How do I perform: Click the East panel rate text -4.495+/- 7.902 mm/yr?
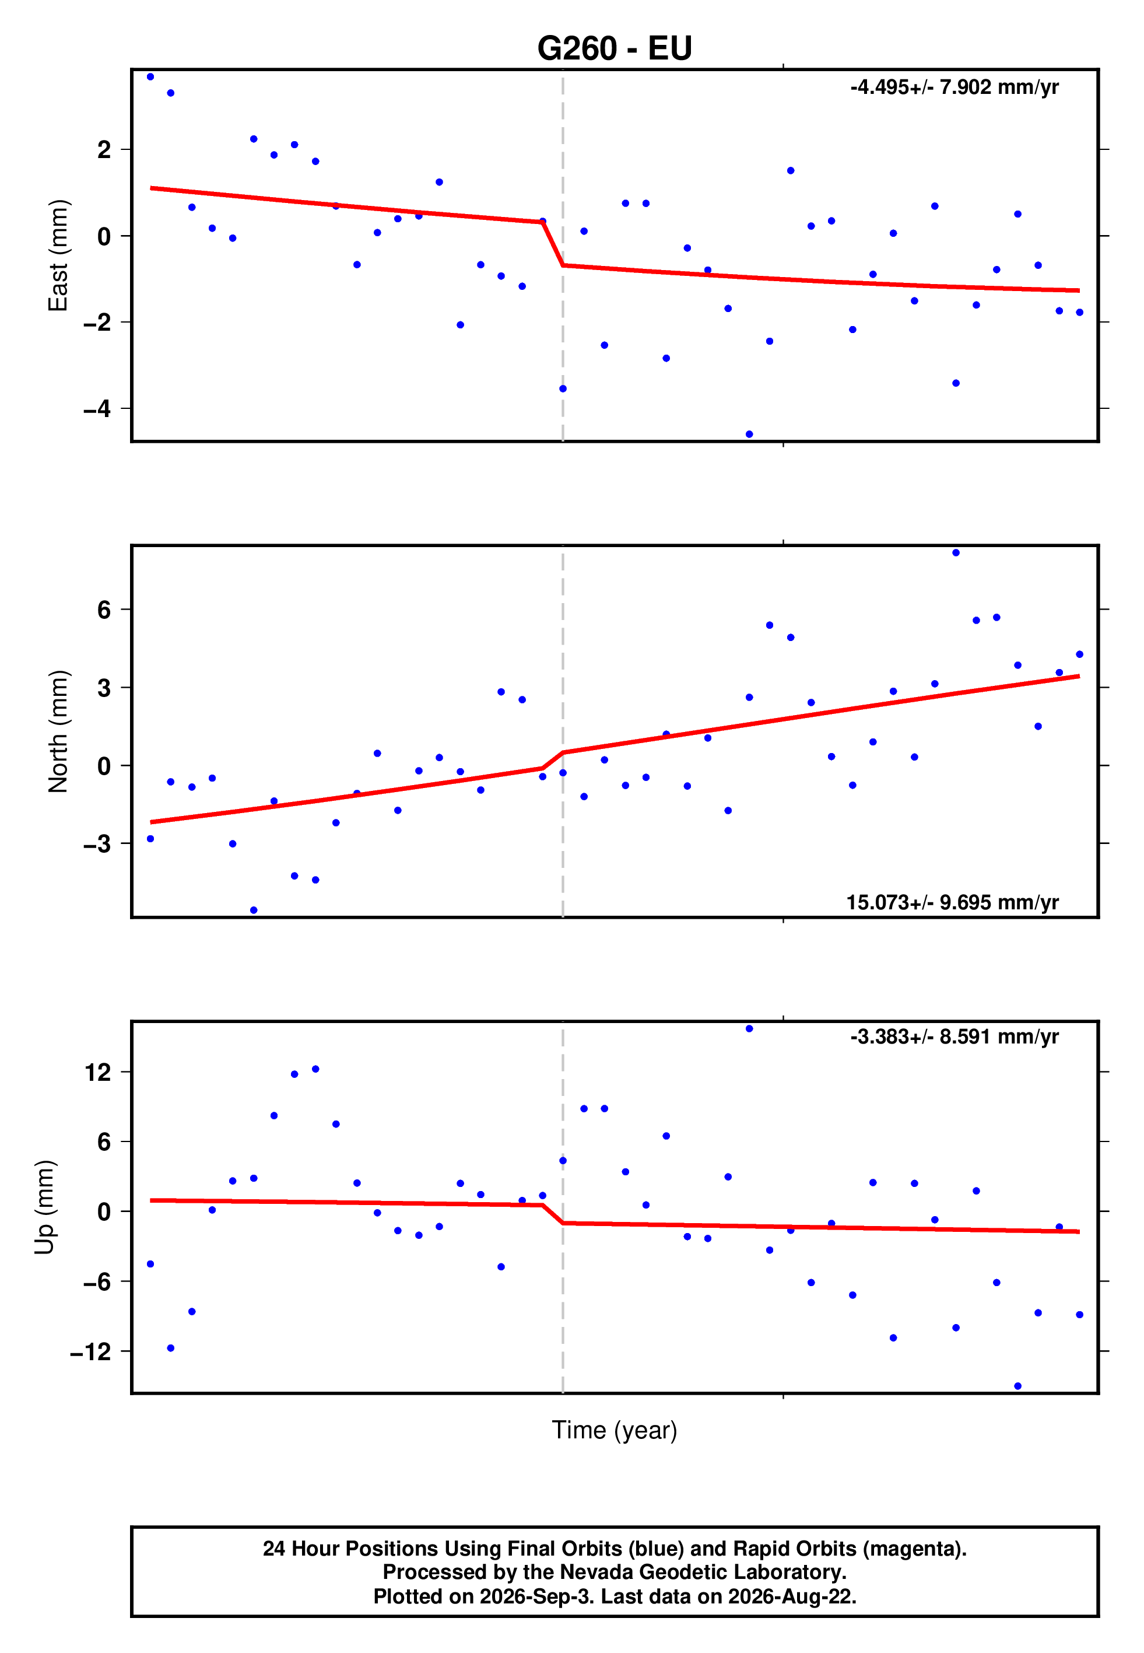(954, 87)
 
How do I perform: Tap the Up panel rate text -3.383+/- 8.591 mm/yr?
(954, 1037)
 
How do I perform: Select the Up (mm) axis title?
(44, 1207)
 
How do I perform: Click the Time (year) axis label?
(615, 1430)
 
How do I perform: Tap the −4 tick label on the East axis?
(97, 409)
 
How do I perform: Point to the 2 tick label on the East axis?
(104, 150)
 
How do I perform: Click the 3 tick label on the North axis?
(104, 688)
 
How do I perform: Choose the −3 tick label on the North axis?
(97, 843)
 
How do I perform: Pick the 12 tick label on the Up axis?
(98, 1073)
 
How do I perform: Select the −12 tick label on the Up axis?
(90, 1351)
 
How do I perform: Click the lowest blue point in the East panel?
(749, 435)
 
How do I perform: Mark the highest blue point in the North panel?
(956, 553)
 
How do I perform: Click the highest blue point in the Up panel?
(749, 1029)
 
